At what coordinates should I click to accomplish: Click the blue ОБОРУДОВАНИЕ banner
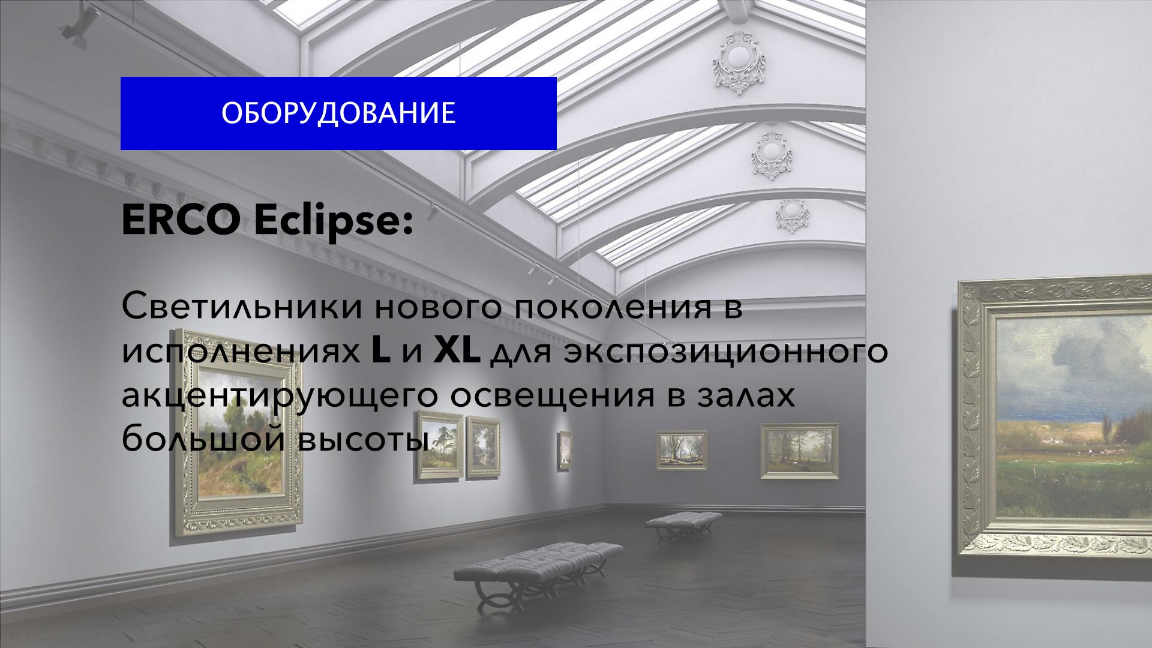[x=338, y=113]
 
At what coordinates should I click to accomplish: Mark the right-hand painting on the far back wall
[x=800, y=451]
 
